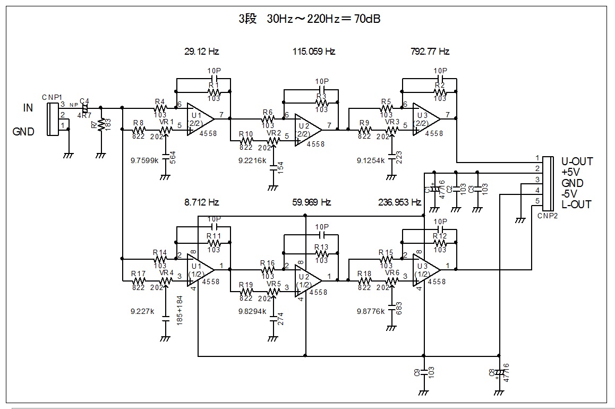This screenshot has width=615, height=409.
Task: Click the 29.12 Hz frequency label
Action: (x=201, y=52)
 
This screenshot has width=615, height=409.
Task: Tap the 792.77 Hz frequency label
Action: (x=430, y=52)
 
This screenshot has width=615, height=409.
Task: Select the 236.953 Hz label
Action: (x=399, y=202)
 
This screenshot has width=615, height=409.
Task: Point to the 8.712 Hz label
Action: (x=201, y=202)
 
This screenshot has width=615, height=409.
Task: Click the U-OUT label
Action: (x=577, y=161)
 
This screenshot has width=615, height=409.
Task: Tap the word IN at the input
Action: (x=28, y=108)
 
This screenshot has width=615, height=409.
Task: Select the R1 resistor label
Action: (x=213, y=85)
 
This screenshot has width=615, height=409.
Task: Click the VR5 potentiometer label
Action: (x=274, y=283)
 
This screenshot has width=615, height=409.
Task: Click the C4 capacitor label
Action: (x=84, y=100)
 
